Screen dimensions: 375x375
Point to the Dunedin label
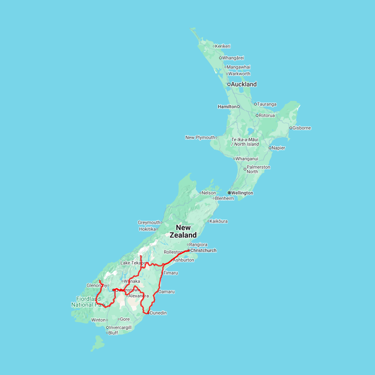coord(158,313)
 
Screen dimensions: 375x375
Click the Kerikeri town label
coord(223,46)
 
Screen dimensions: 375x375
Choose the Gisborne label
coord(302,128)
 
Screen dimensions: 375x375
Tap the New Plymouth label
coord(200,137)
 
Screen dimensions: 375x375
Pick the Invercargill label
coord(120,327)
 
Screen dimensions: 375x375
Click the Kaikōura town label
coord(219,221)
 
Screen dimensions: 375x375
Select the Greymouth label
coord(149,222)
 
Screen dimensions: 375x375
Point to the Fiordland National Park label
coord(88,302)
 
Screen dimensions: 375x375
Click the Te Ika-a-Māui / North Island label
coord(245,142)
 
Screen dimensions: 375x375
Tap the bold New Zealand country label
coord(183,231)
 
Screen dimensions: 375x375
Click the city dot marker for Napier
coord(270,148)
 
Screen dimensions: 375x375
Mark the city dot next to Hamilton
coord(238,107)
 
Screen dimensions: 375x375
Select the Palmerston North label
coord(258,169)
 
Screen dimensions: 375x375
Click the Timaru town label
coord(171,273)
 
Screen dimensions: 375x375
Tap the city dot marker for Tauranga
coord(255,104)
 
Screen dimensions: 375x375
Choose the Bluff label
coord(113,333)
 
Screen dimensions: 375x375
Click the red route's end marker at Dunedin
coord(148,313)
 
